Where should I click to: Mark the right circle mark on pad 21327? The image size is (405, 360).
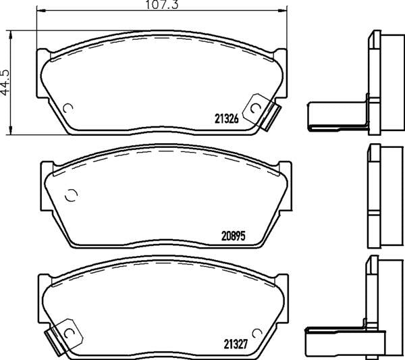click(x=254, y=333)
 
